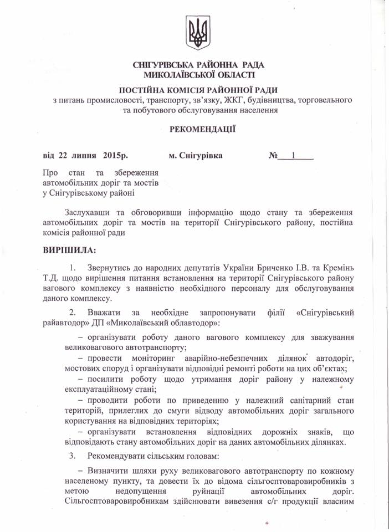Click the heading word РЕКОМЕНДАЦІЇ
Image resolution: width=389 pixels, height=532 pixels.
point(194,129)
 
